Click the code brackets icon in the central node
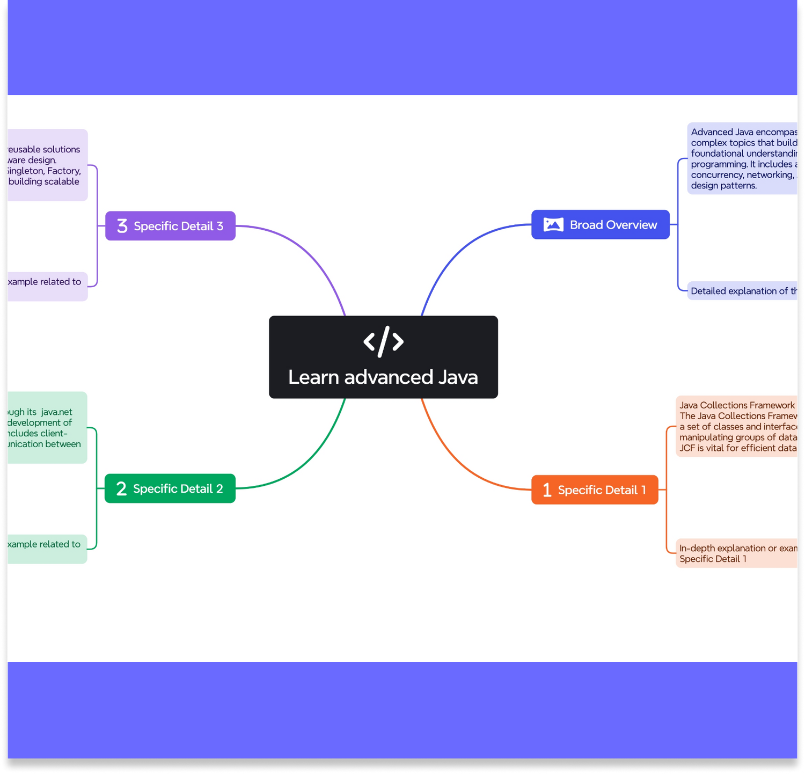[383, 341]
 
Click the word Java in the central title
[458, 377]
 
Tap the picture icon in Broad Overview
[553, 225]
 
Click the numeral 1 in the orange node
[547, 490]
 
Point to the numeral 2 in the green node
[121, 488]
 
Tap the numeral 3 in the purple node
[122, 226]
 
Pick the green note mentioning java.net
[46, 428]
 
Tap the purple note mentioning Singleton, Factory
[46, 165]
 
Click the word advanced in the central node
[389, 377]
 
